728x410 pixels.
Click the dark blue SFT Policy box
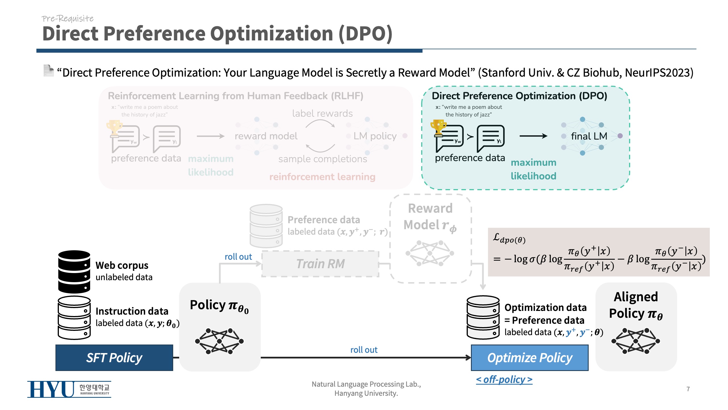click(114, 358)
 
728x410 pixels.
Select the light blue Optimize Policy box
click(530, 358)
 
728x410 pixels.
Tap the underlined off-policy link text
click(504, 380)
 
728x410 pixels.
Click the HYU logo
click(69, 389)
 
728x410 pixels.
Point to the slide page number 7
click(688, 389)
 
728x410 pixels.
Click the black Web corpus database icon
click(74, 272)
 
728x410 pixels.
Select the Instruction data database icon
click(74, 317)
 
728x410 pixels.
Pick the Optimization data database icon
click(483, 317)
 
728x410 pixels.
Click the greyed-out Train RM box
click(320, 264)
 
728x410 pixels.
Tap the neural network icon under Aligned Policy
click(636, 341)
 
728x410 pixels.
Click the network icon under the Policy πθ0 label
click(219, 341)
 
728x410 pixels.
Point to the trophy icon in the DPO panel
click(438, 127)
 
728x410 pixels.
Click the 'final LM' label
click(589, 136)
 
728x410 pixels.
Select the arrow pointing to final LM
click(533, 136)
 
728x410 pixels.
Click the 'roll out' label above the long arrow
click(364, 350)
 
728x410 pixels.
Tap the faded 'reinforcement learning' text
click(322, 177)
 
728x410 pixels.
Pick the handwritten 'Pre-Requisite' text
click(67, 19)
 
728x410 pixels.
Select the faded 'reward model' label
click(266, 136)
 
